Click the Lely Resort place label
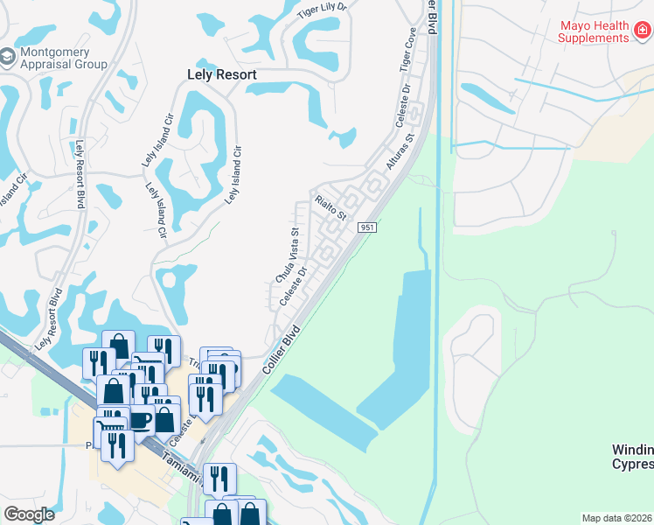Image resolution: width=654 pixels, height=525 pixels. tap(222, 75)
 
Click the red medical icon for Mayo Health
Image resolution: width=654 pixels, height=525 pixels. tap(642, 31)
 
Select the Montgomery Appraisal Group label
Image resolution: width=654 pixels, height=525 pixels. tap(66, 59)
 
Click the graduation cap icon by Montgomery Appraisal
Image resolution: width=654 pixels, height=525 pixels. tap(7, 58)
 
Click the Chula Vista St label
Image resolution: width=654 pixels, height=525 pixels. tap(289, 255)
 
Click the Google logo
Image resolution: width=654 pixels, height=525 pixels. tap(30, 514)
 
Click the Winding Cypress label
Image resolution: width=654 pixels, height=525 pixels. tap(631, 457)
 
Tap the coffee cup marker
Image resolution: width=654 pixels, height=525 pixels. tap(140, 421)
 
